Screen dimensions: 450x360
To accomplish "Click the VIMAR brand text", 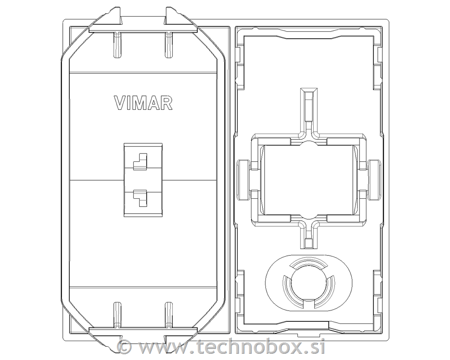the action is coord(143,103).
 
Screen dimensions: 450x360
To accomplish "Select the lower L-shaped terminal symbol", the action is coord(140,199).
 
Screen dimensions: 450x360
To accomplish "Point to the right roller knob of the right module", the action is coord(375,180).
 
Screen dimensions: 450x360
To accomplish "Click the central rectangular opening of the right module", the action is coord(309,180).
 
